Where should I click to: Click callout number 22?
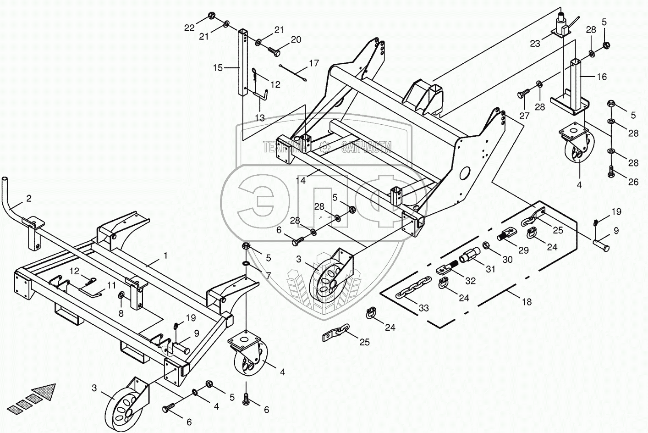point(189,27)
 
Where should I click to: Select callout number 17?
point(313,63)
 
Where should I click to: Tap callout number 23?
point(535,44)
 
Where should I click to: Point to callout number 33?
point(423,308)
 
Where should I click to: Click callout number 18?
point(527,302)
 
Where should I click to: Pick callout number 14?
point(300,180)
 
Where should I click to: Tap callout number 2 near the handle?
point(28,199)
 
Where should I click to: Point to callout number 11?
point(112,285)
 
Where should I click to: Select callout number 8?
point(121,314)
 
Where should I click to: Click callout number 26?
point(633,182)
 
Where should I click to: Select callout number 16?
point(601,77)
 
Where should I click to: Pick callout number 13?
point(260,118)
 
